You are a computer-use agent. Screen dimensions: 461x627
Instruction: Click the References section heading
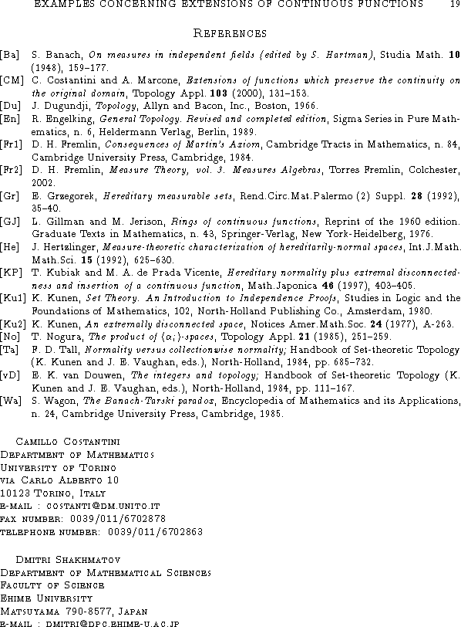point(230,33)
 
